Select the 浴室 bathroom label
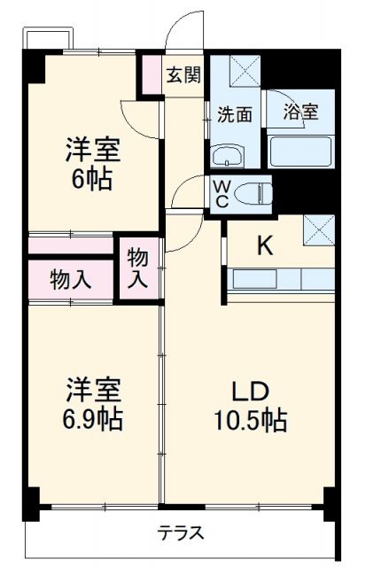[301, 113]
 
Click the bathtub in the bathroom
[300, 151]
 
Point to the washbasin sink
[229, 158]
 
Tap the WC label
[222, 193]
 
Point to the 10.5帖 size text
[250, 421]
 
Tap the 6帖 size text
[91, 179]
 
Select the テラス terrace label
[181, 533]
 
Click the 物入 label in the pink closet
[71, 280]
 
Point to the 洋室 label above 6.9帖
[91, 389]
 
